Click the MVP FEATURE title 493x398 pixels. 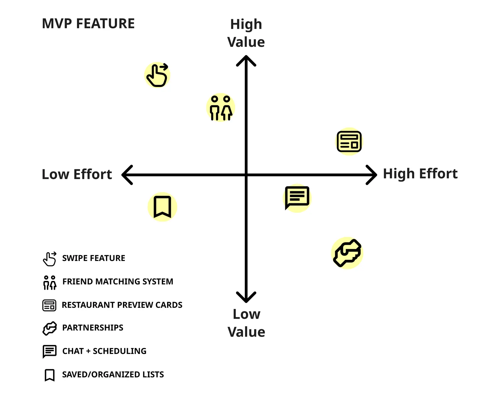[x=88, y=24]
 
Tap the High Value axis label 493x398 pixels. [x=246, y=33]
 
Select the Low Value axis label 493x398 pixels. [x=246, y=323]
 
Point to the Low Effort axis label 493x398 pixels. [x=77, y=174]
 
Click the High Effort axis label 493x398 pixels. [x=420, y=174]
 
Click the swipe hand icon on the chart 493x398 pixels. [x=157, y=75]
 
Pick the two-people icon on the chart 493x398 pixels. [x=221, y=108]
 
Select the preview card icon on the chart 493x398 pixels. [x=349, y=142]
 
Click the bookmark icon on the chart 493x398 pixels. [x=162, y=207]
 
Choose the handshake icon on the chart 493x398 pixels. [x=347, y=253]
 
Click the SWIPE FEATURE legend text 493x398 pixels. [x=94, y=258]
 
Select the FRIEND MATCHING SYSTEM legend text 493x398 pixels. [x=118, y=281]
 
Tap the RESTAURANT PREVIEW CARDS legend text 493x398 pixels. [x=122, y=305]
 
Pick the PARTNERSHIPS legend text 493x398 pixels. [x=93, y=328]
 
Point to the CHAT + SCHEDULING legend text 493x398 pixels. [x=104, y=351]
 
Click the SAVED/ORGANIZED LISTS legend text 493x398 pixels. [x=113, y=374]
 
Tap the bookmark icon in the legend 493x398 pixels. [x=50, y=375]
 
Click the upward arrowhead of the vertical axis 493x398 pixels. [x=246, y=58]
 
